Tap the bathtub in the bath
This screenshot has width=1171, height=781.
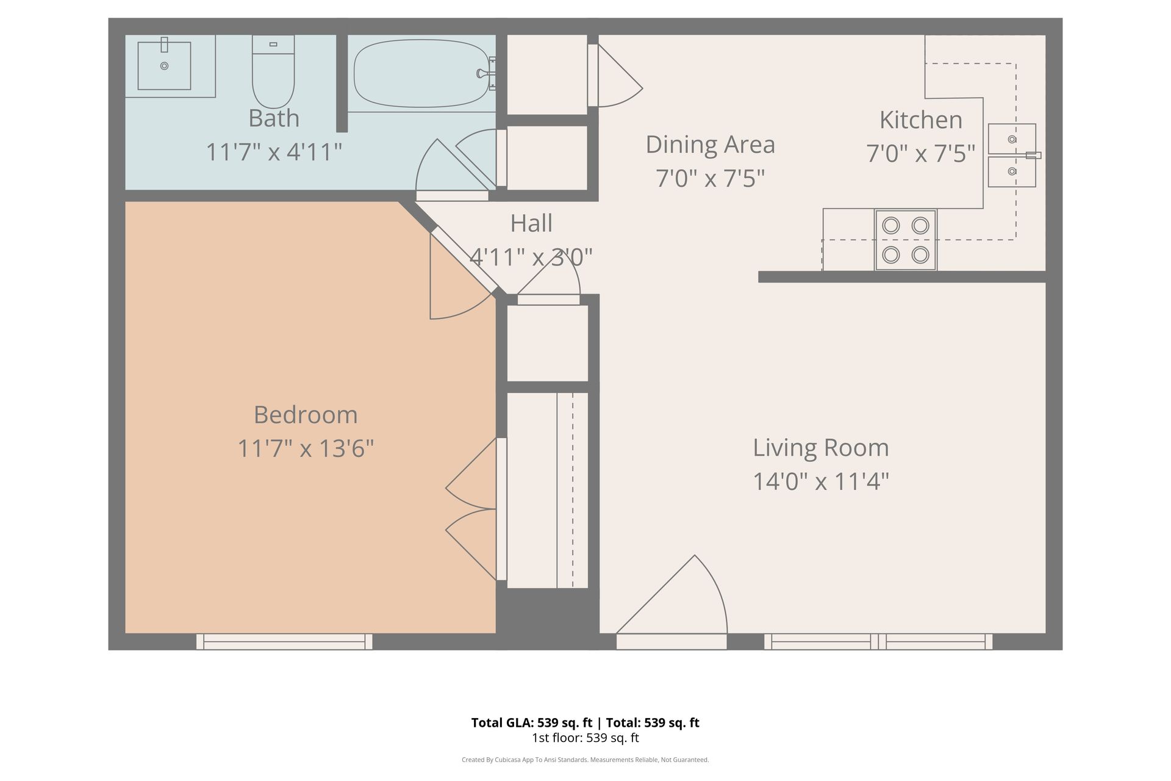pyautogui.click(x=421, y=73)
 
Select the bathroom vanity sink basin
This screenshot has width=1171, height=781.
pyautogui.click(x=164, y=65)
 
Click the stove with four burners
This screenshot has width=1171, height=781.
pyautogui.click(x=906, y=240)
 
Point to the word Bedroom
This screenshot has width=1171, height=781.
pyautogui.click(x=306, y=415)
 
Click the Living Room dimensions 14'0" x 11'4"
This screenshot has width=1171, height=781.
pyautogui.click(x=821, y=481)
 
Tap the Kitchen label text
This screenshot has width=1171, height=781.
pyautogui.click(x=921, y=120)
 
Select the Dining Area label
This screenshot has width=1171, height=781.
pyautogui.click(x=711, y=145)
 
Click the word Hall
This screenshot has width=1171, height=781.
pyautogui.click(x=531, y=223)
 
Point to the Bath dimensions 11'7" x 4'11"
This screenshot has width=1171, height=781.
pyautogui.click(x=274, y=152)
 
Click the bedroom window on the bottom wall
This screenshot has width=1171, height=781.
pyautogui.click(x=284, y=641)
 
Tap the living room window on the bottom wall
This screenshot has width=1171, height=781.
pyautogui.click(x=878, y=641)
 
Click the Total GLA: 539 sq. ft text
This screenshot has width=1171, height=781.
pyautogui.click(x=532, y=723)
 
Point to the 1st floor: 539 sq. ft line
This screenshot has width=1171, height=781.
pyautogui.click(x=585, y=738)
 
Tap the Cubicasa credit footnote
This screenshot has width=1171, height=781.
pyautogui.click(x=585, y=760)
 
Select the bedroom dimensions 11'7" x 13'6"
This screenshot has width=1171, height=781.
pyautogui.click(x=306, y=449)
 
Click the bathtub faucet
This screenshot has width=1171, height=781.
pyautogui.click(x=486, y=73)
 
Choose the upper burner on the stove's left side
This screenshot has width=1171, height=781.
pyautogui.click(x=891, y=226)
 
